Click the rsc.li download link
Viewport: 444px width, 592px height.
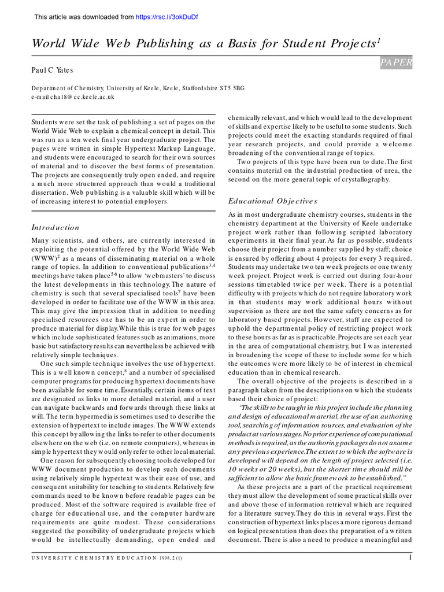(166, 17)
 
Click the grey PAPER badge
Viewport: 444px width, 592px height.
(396, 62)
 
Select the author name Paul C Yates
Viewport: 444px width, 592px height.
(52, 70)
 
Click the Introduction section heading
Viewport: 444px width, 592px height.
(55, 227)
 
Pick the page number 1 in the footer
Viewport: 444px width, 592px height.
(410, 557)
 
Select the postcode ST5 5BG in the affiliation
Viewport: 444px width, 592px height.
(233, 88)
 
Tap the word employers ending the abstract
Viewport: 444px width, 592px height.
(151, 201)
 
